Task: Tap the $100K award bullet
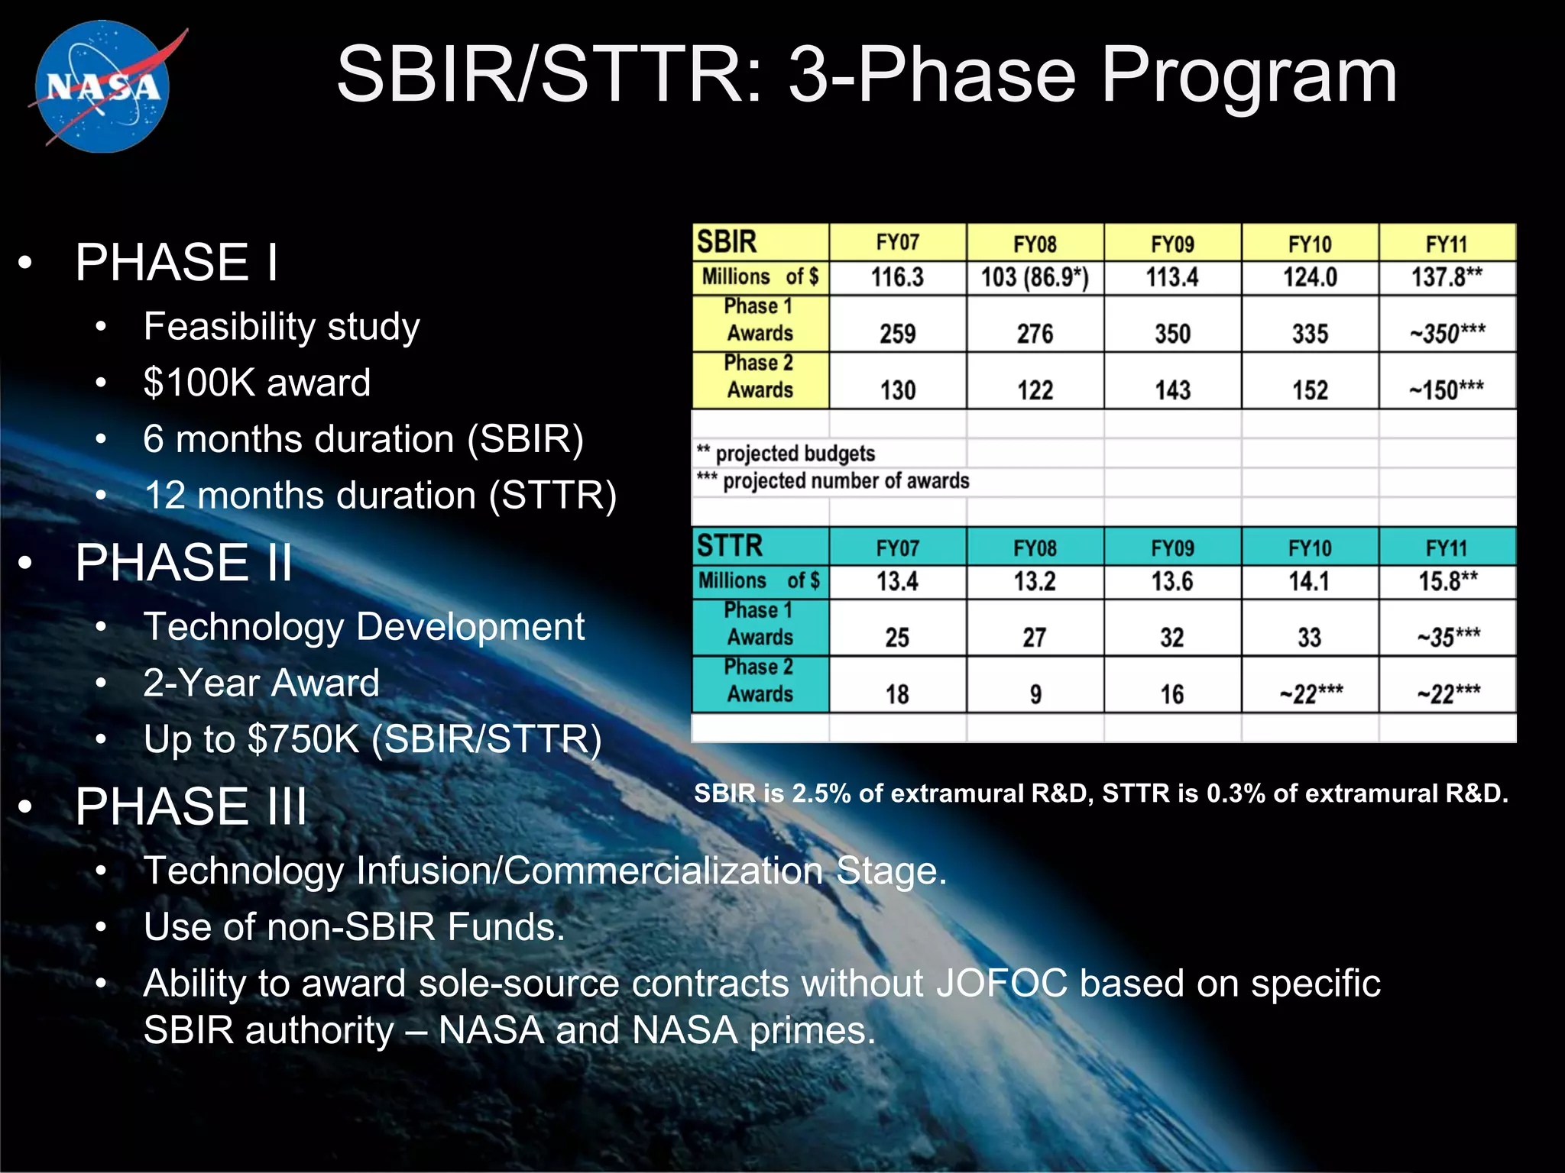257,383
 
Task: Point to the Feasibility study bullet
281,327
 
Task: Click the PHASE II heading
183,563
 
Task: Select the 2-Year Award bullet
261,683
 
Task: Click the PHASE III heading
191,806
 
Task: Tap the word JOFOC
1001,983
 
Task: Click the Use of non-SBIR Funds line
354,927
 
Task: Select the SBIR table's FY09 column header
1172,244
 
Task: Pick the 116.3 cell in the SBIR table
897,277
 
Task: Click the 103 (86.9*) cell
1035,277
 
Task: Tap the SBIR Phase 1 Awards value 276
1035,334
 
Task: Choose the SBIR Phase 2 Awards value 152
1310,390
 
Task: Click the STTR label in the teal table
730,546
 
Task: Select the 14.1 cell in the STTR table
1310,582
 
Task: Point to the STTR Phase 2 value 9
1035,694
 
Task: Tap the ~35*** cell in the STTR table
1448,637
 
